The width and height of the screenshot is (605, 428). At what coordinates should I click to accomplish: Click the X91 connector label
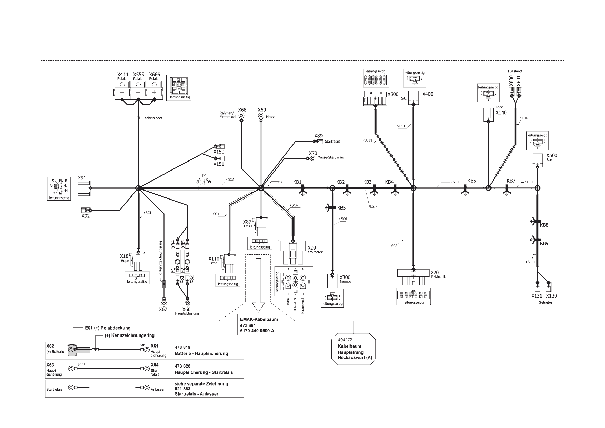pyautogui.click(x=82, y=178)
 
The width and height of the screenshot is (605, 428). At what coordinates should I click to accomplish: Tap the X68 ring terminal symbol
pyautogui.click(x=242, y=116)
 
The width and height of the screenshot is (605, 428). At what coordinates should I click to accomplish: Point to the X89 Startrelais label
pyautogui.click(x=318, y=136)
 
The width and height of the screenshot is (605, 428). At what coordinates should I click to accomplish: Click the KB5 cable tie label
pyautogui.click(x=341, y=208)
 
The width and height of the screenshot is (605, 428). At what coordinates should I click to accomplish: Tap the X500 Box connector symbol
pyautogui.click(x=537, y=159)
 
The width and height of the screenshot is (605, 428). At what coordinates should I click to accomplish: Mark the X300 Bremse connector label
pyautogui.click(x=345, y=278)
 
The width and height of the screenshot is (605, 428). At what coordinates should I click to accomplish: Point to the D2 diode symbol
pyautogui.click(x=204, y=181)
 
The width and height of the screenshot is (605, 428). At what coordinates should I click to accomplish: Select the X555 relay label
pyautogui.click(x=138, y=75)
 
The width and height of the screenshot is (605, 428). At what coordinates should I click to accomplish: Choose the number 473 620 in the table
pyautogui.click(x=182, y=366)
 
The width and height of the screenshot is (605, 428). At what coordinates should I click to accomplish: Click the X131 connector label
pyautogui.click(x=537, y=296)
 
